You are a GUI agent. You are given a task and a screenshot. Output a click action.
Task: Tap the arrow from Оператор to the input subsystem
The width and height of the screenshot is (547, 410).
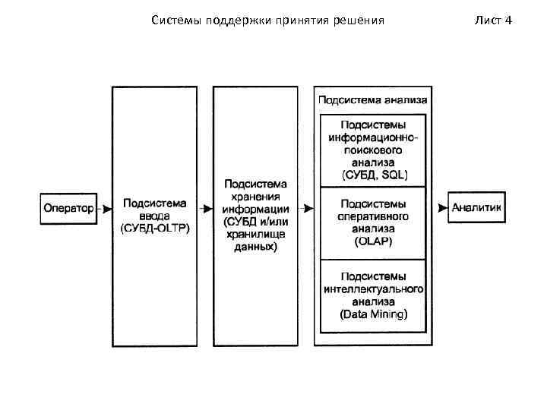(x=105, y=207)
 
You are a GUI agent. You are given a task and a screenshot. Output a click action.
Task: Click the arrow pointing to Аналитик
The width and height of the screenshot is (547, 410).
(x=440, y=207)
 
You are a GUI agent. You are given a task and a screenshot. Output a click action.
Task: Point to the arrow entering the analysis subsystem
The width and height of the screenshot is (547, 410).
(x=307, y=207)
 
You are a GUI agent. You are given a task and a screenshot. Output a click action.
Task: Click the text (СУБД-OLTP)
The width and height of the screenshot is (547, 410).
(x=156, y=227)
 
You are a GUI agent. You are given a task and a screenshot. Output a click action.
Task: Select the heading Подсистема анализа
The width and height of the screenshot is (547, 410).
(x=372, y=99)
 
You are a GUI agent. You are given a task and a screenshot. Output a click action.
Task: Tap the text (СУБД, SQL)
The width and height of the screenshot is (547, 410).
(x=374, y=174)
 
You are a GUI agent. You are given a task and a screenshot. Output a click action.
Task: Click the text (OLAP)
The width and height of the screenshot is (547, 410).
(x=374, y=240)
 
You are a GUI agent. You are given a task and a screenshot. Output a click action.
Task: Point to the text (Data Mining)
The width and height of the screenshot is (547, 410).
(x=374, y=314)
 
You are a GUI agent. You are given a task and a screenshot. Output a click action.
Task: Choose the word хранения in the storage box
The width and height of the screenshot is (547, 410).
(x=255, y=197)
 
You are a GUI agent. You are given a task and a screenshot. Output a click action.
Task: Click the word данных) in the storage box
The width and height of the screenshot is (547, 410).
(x=255, y=247)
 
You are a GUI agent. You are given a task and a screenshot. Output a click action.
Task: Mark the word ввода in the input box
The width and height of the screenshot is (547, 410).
(x=155, y=215)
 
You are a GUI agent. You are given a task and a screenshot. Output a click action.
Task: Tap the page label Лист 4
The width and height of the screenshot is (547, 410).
(x=494, y=19)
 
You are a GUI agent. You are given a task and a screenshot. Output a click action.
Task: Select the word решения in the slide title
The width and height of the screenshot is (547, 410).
(x=360, y=19)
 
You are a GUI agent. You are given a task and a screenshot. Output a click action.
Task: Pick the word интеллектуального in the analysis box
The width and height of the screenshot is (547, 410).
(x=374, y=289)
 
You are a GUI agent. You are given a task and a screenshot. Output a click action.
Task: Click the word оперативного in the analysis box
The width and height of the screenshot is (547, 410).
(x=374, y=216)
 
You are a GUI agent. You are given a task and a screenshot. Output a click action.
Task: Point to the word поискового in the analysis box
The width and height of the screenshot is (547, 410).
(x=374, y=150)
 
